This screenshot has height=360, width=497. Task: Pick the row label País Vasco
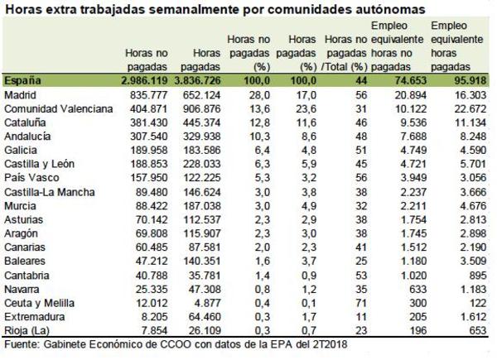pos(29,177)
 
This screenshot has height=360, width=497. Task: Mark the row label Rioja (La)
pos(27,329)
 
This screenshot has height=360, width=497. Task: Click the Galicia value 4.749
pos(409,150)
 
